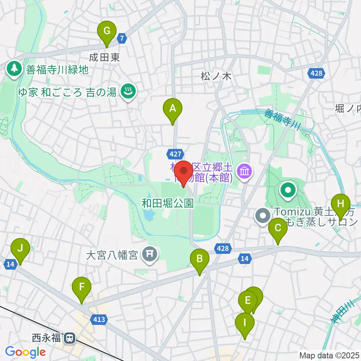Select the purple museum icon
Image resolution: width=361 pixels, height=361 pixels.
tap(245, 172)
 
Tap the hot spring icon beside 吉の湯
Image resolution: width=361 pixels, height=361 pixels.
tap(128, 91)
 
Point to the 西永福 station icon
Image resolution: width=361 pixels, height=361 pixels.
tap(69, 338)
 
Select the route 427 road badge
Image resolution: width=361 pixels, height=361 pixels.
tap(176, 153)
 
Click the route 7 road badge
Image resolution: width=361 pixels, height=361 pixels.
tap(121, 38)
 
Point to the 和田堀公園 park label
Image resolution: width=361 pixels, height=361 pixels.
tap(168, 204)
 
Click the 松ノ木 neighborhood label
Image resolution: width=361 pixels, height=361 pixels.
tap(215, 76)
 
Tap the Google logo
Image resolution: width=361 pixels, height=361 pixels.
tap(25, 352)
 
